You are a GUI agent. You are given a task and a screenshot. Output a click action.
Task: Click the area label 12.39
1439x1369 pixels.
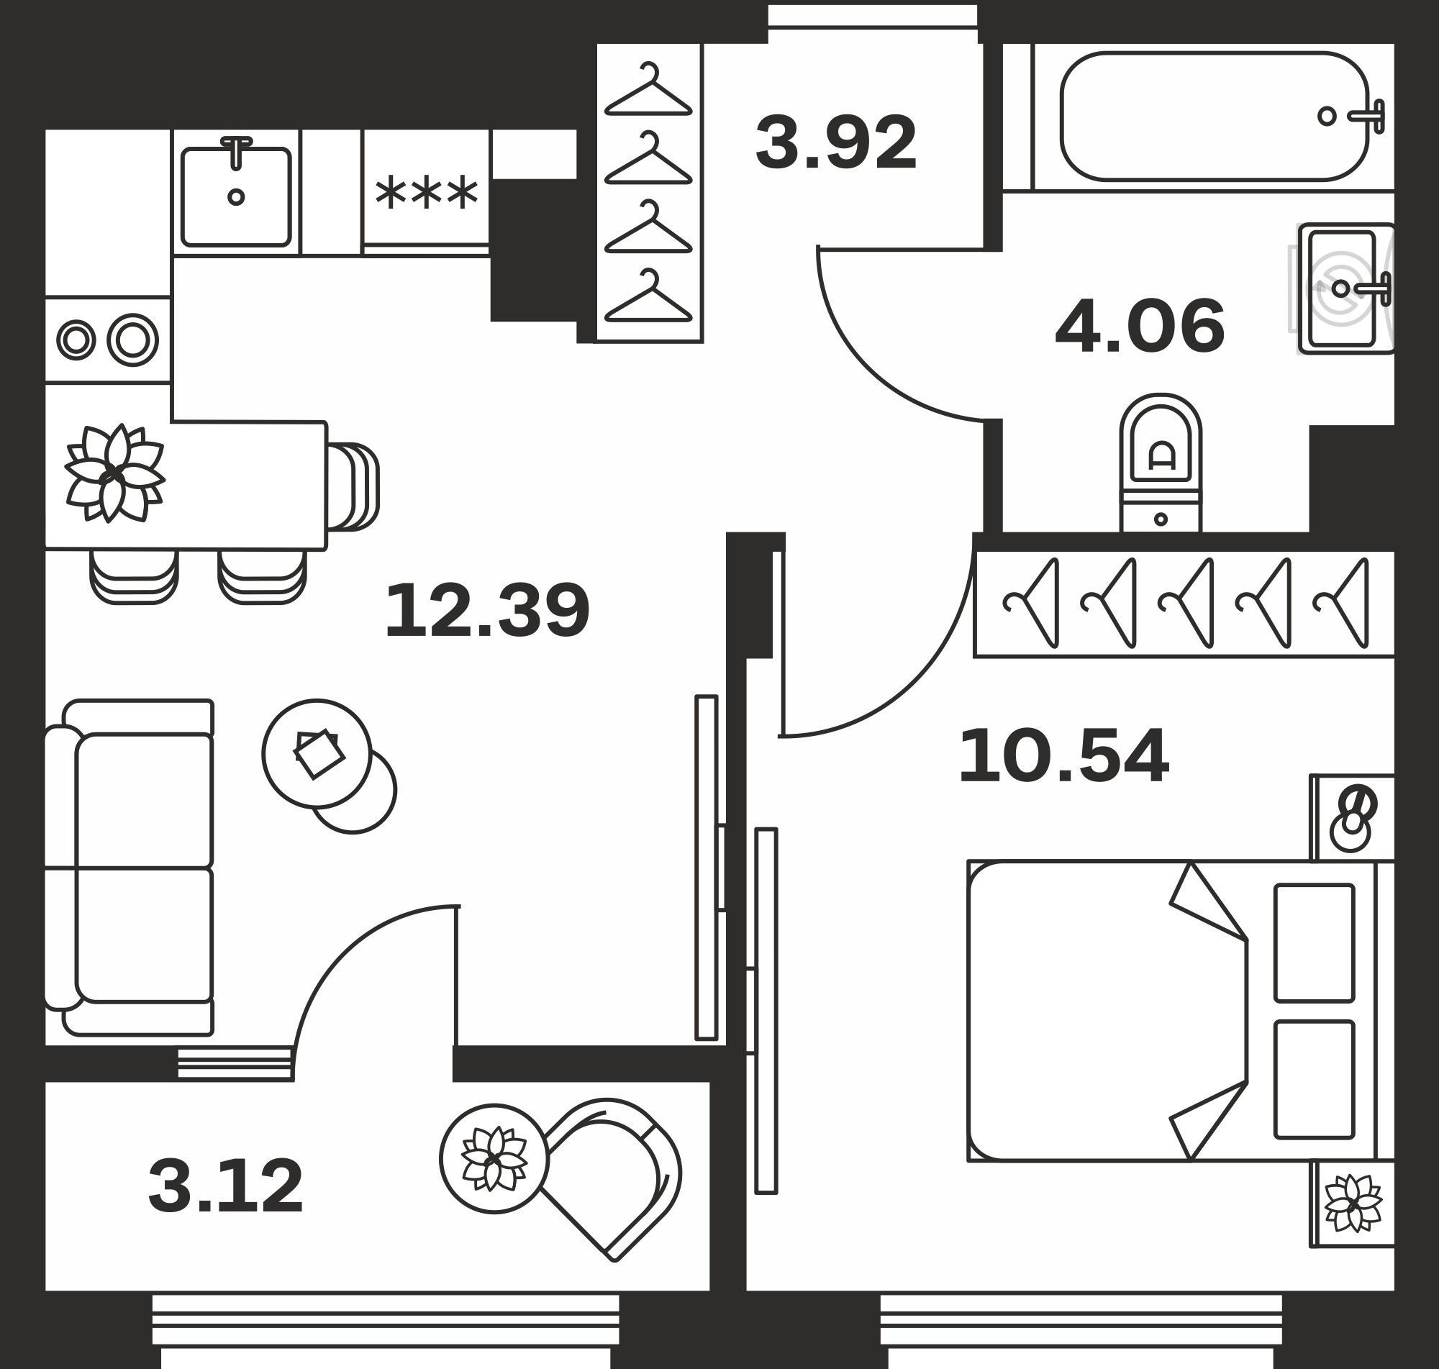click(x=486, y=610)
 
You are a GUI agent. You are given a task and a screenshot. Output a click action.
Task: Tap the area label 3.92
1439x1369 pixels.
click(x=835, y=142)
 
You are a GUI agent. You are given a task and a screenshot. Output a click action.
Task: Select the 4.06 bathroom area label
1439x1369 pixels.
click(x=1140, y=326)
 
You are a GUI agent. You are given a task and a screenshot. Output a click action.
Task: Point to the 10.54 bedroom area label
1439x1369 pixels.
click(x=1063, y=756)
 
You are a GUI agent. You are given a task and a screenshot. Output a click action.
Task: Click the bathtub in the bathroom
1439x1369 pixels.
click(x=1215, y=116)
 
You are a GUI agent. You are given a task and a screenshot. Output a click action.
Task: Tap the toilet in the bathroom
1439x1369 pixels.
click(x=1161, y=463)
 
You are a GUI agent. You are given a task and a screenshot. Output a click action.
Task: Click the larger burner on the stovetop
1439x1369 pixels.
click(x=133, y=340)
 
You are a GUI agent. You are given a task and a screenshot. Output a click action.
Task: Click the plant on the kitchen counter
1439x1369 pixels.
click(x=114, y=473)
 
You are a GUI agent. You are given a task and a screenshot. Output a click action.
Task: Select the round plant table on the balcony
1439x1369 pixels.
click(x=494, y=1159)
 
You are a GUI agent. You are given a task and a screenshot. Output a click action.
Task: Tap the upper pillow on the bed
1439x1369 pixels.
click(x=1315, y=944)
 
